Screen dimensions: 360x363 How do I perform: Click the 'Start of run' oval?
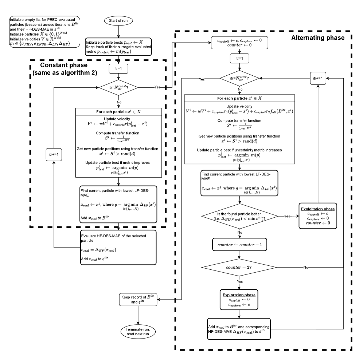tap(120, 20)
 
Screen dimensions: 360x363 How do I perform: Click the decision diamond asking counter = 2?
tap(239, 268)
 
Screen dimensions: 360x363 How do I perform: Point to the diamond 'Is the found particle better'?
tap(239, 217)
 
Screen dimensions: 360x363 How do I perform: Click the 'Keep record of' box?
tap(138, 300)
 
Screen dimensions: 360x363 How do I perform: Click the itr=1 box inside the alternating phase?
tap(239, 59)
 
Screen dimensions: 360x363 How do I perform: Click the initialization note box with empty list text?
tap(44, 31)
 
